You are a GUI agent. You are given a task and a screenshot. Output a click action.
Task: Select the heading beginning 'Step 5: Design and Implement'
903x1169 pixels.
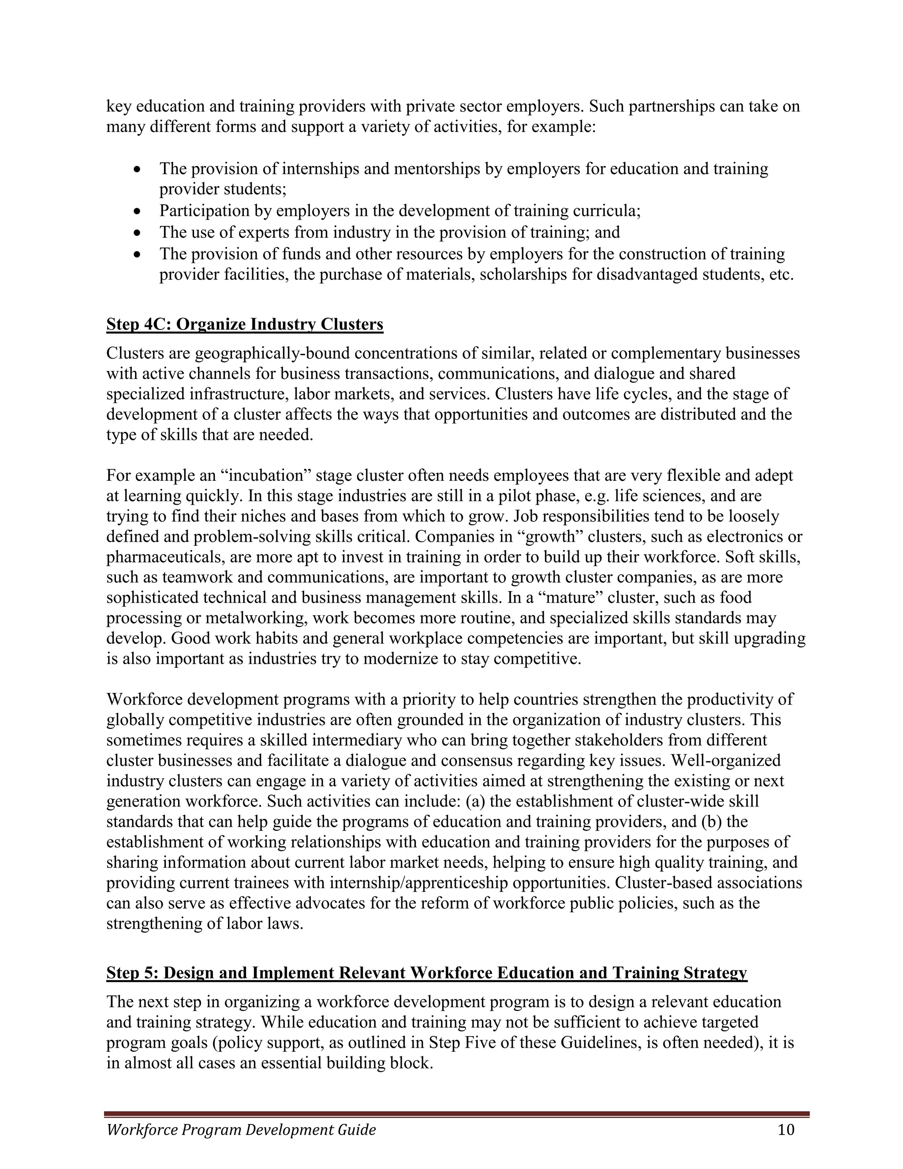coord(426,973)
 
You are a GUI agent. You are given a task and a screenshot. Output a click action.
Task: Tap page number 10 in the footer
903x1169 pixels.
coord(786,1129)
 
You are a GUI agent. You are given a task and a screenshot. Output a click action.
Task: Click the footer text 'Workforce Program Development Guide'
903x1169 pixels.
coord(241,1130)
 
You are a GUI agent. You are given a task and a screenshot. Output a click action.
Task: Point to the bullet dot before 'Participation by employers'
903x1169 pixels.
coord(138,212)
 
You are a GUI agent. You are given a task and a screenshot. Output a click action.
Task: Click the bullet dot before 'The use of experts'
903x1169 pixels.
coord(138,233)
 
